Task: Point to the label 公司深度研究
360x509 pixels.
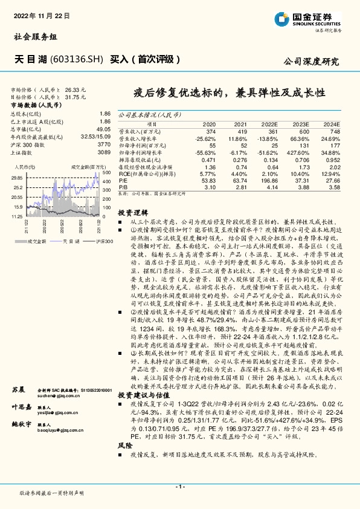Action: (311, 62)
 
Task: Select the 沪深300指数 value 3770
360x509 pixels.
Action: (104, 144)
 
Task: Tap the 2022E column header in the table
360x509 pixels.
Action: (271, 124)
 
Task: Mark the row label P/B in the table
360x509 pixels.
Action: (123, 187)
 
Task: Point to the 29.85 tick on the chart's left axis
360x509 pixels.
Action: (17, 178)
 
